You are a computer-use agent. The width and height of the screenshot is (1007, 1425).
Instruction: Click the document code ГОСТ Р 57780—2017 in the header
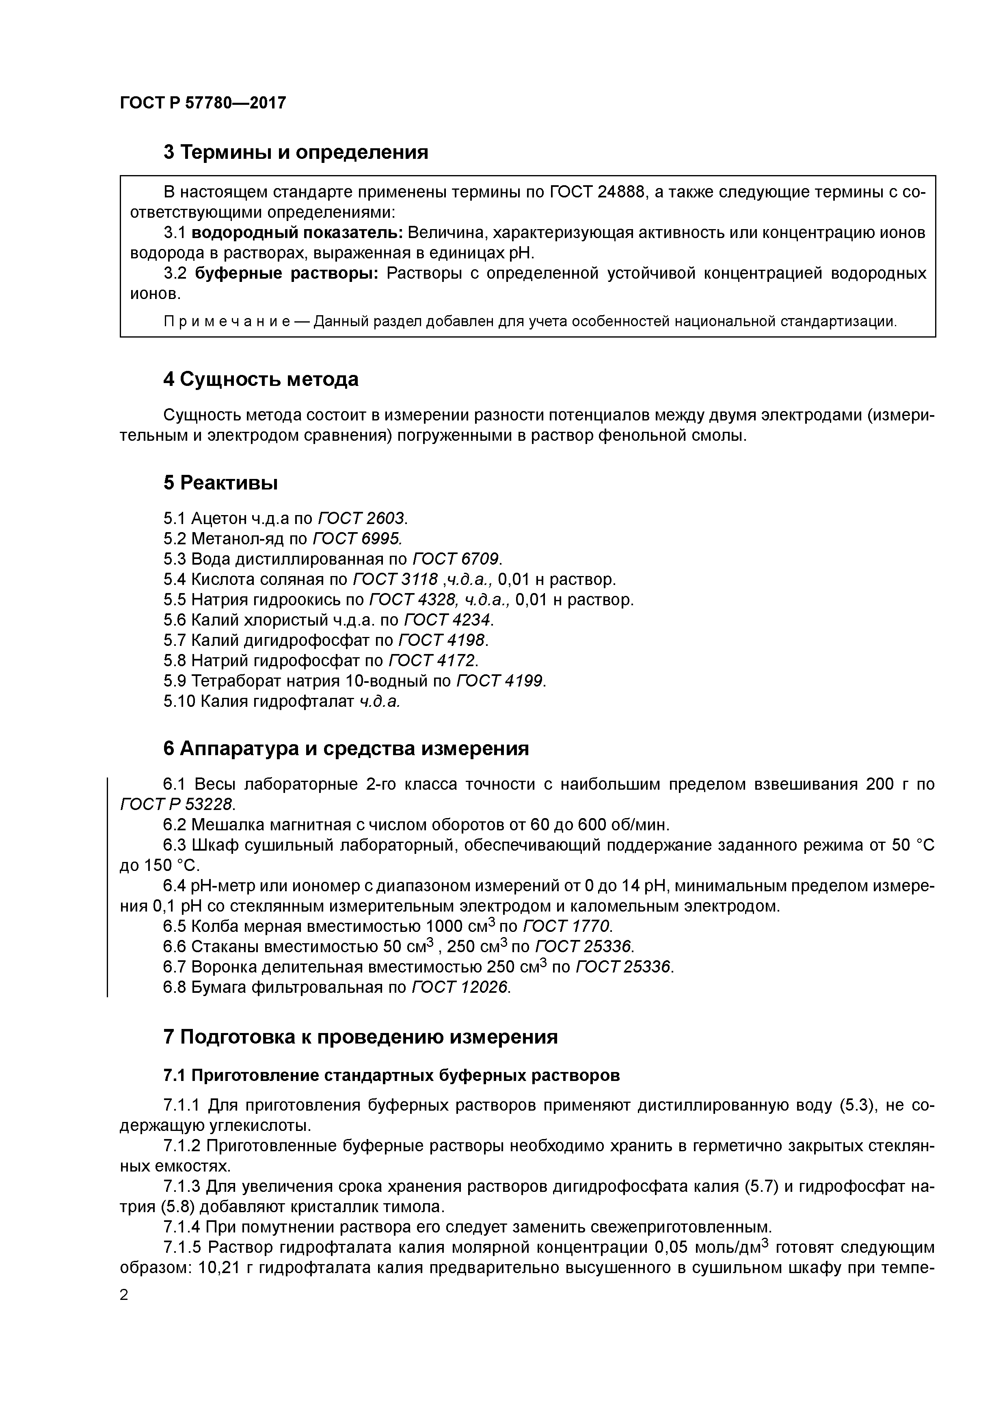click(203, 103)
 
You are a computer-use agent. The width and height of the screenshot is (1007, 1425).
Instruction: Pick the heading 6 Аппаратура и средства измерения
click(346, 749)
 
